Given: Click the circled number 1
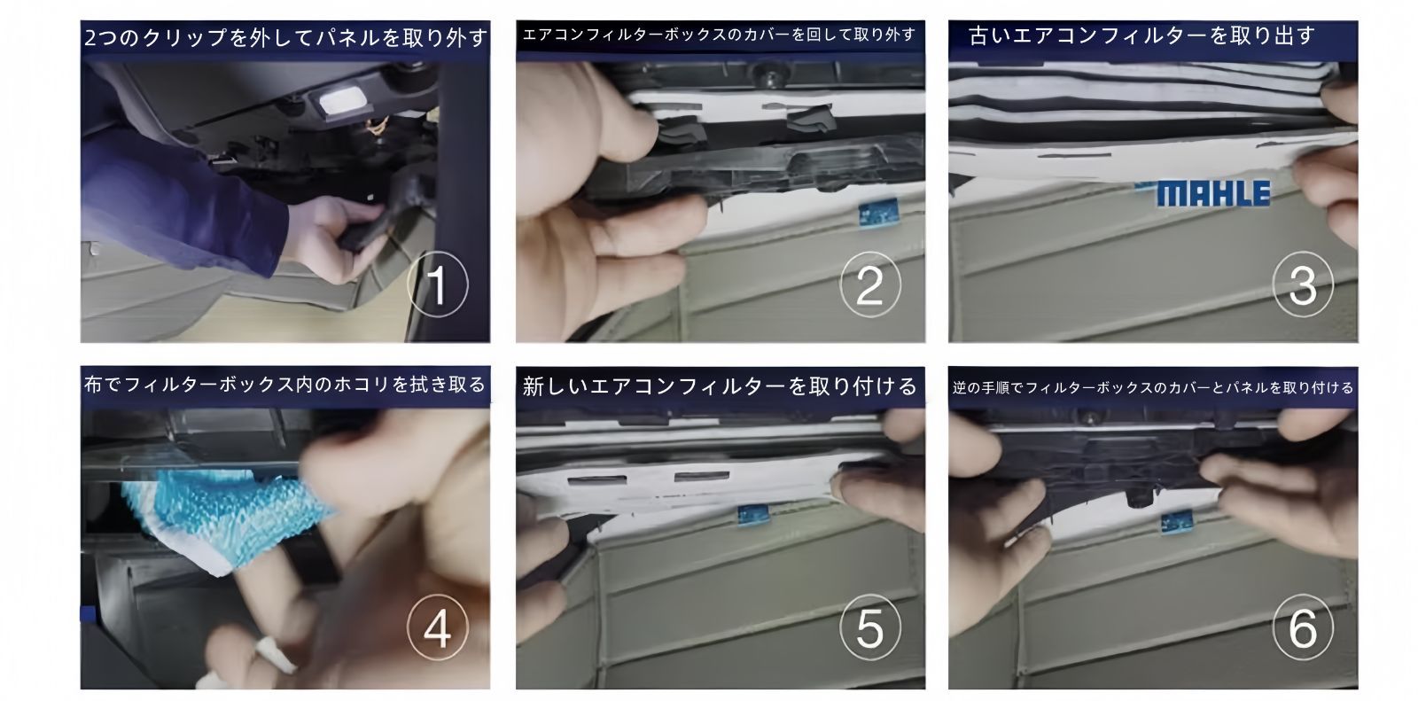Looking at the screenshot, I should tap(437, 284).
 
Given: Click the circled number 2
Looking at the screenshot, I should tap(869, 284).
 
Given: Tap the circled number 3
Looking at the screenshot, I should tap(1302, 284).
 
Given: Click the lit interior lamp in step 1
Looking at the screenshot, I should tap(341, 103).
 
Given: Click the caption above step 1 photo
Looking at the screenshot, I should tap(285, 39).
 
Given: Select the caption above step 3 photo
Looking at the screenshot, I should tap(1142, 36).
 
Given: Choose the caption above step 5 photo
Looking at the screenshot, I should tap(720, 386).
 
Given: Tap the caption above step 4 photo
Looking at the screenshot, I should tap(285, 385).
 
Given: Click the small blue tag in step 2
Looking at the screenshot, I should tap(881, 212).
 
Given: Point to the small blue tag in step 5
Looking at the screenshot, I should tap(753, 513).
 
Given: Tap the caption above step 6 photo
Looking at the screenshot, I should tap(1153, 387).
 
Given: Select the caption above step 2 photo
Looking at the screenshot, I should tap(720, 35).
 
